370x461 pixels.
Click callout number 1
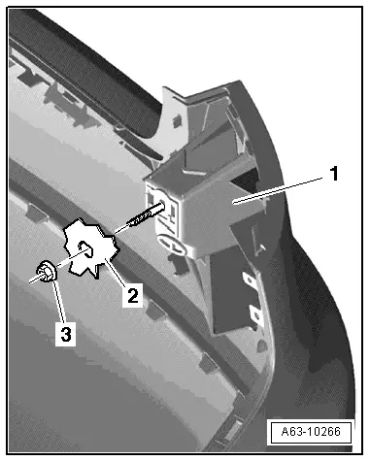[334, 174]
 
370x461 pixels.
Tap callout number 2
[133, 295]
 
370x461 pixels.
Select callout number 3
[66, 333]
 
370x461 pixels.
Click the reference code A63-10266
[311, 432]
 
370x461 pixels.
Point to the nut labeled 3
[48, 272]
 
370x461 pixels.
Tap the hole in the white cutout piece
[85, 248]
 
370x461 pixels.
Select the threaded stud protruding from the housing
[145, 215]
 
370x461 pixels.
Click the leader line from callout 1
[279, 190]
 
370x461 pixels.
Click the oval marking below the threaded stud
[171, 245]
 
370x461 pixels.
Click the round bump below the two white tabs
[262, 346]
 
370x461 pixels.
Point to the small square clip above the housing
[177, 120]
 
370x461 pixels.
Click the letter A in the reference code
[286, 432]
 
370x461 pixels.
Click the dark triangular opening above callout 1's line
[247, 177]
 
